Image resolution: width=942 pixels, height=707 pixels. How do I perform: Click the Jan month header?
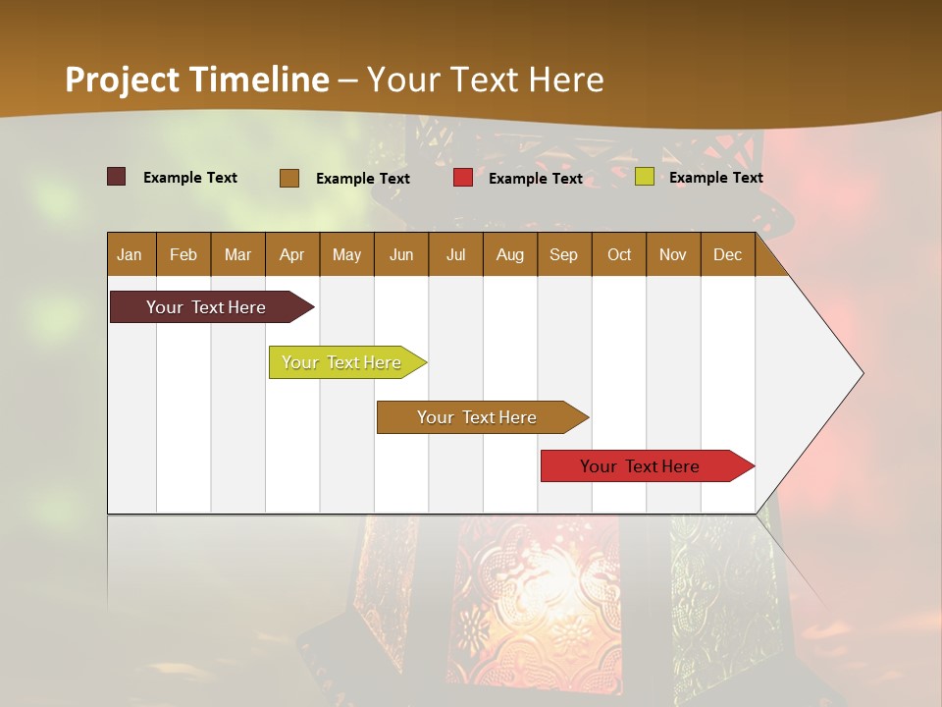point(130,254)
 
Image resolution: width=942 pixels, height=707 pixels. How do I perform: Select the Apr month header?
point(291,254)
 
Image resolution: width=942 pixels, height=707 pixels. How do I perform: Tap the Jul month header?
point(455,254)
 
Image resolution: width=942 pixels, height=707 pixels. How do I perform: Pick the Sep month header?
point(563,254)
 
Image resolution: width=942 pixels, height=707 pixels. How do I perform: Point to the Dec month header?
point(727,254)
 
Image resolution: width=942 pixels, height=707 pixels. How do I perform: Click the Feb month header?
point(183,254)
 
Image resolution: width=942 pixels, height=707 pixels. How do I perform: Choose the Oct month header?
point(619,254)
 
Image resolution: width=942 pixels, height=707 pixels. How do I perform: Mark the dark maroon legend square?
point(117,177)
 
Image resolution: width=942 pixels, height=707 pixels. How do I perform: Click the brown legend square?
point(289,178)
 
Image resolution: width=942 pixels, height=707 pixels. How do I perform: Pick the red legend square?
point(463,178)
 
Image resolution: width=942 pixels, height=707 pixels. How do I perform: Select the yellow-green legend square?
point(645,177)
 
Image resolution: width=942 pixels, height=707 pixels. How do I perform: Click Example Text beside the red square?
point(536,179)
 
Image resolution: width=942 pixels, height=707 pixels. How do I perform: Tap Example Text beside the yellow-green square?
point(716,178)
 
